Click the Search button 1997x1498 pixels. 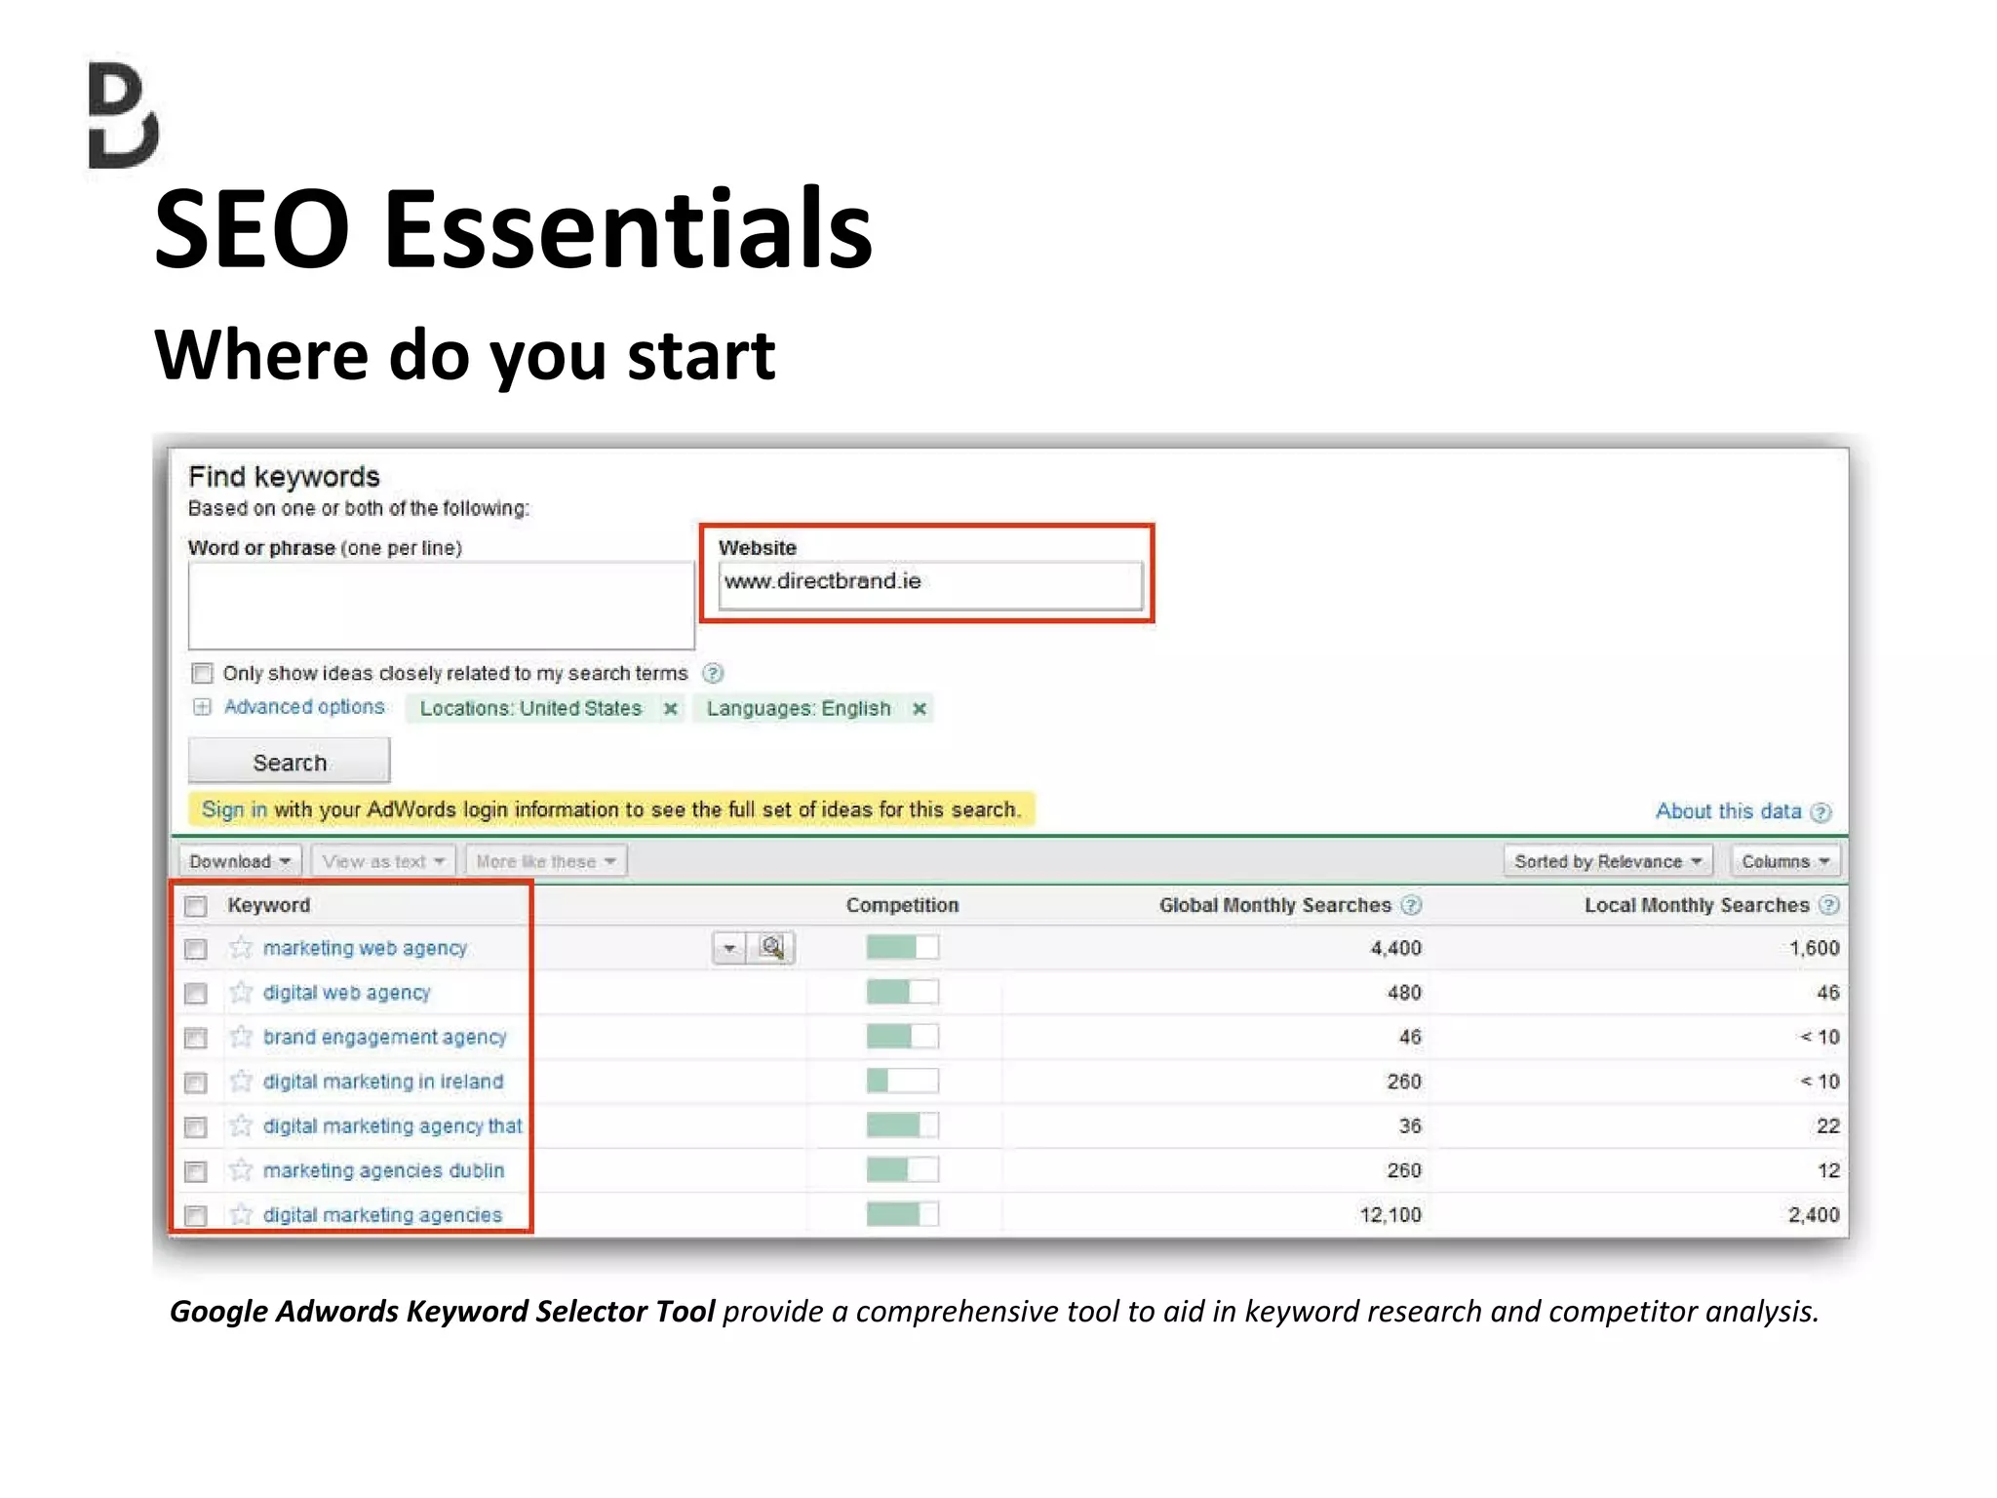click(289, 762)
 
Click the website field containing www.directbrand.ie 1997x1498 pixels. click(929, 582)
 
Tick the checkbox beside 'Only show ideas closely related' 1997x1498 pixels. click(202, 673)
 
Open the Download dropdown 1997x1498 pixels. click(240, 861)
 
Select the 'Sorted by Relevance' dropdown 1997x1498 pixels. click(1607, 861)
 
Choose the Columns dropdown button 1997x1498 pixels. click(1784, 861)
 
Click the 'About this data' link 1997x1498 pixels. click(1728, 811)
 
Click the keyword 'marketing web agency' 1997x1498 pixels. click(365, 948)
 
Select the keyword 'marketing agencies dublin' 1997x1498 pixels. click(383, 1170)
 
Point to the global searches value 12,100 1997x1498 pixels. click(1390, 1214)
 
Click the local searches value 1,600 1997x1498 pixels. click(1814, 948)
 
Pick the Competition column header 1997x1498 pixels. click(902, 905)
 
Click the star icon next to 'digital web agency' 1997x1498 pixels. click(241, 993)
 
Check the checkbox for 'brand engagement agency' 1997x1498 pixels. click(196, 1038)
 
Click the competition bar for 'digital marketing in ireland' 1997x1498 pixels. click(902, 1081)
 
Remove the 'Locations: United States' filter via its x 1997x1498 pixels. click(670, 709)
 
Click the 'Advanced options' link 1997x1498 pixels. click(304, 707)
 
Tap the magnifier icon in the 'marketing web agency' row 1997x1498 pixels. click(772, 947)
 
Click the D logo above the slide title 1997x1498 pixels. click(123, 115)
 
